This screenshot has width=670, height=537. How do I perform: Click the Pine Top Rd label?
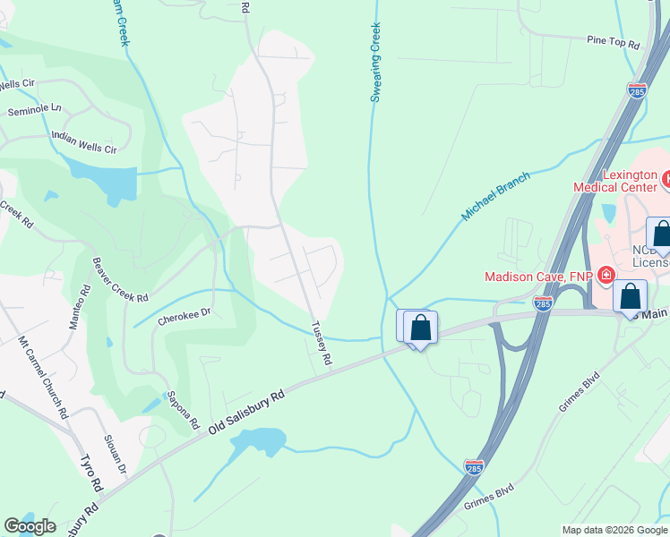click(x=614, y=43)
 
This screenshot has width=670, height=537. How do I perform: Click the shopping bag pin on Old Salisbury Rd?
click(x=419, y=328)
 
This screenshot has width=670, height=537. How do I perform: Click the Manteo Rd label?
click(x=78, y=307)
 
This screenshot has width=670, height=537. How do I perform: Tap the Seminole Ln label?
click(x=35, y=109)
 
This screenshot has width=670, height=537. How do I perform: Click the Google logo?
click(x=30, y=526)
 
